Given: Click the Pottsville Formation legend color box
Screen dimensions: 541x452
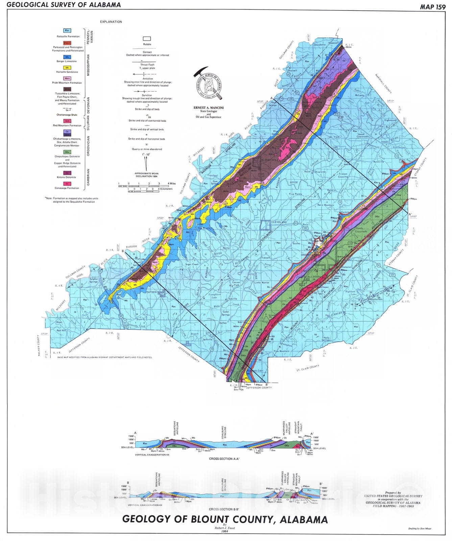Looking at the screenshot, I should tap(68, 31).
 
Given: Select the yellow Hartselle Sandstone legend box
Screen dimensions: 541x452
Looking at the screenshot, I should tap(68, 68).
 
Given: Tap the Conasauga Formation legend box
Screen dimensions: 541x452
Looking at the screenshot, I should tap(68, 184).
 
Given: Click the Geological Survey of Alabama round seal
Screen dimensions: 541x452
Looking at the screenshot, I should tap(208, 84).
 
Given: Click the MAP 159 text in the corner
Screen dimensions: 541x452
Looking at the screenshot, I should tap(433, 6).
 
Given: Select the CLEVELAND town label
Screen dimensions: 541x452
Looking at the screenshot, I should tap(279, 222).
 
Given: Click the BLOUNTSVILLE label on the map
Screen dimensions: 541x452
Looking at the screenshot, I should tap(271, 161).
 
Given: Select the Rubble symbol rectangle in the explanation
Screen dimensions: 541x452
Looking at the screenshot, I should tap(147, 39).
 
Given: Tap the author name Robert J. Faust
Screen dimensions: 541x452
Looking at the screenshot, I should tap(225, 527).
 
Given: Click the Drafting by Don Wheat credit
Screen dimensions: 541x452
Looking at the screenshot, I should tap(420, 528).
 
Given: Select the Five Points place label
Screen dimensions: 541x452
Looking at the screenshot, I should tap(295, 194).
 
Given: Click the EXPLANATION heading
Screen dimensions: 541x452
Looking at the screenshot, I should tap(111, 22).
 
